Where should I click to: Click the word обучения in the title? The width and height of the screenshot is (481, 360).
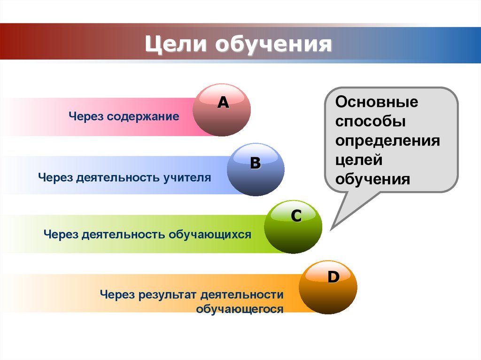click(x=273, y=45)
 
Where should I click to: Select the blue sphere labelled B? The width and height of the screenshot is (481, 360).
click(x=256, y=169)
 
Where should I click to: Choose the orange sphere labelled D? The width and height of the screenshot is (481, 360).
click(x=328, y=287)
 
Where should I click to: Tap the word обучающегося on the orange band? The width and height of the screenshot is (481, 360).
click(x=240, y=309)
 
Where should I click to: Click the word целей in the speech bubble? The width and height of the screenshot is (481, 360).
click(x=359, y=160)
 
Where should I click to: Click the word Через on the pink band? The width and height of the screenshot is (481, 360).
click(x=86, y=116)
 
